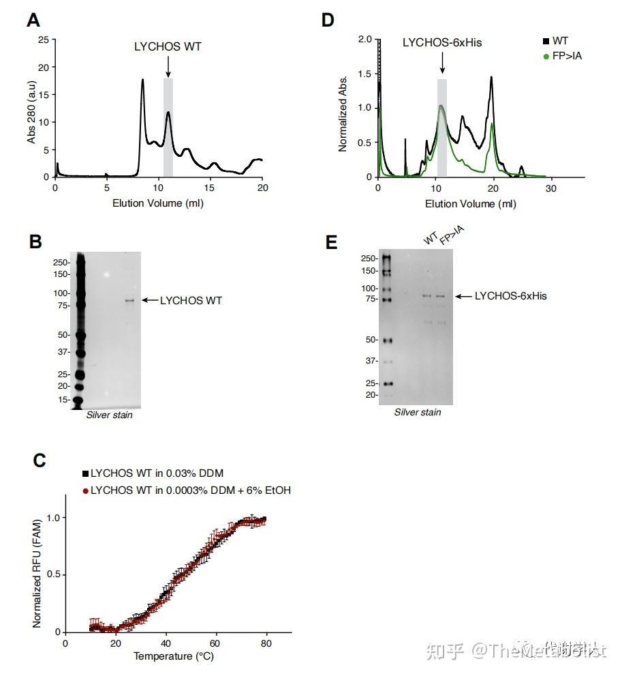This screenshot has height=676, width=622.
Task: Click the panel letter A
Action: coord(33,20)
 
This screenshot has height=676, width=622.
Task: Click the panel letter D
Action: coord(328,20)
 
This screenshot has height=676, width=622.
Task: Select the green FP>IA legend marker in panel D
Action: coord(546,57)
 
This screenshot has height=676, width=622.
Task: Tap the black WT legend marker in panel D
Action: coord(546,42)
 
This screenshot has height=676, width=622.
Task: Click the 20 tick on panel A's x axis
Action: coord(262,188)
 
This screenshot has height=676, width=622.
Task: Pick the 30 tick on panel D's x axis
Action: coord(551,188)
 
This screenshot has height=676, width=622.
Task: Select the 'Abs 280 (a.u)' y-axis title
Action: coord(31,109)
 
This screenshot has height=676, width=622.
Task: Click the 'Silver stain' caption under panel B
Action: coord(110,415)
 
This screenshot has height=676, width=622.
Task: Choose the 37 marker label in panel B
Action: coord(64,352)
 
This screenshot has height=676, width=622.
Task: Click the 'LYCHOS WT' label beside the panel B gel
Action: coord(191,300)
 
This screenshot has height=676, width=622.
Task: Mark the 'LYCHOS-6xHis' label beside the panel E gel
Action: coord(511,296)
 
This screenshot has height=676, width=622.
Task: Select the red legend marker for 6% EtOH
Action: coord(85,490)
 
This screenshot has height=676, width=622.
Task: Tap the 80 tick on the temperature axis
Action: coord(266,643)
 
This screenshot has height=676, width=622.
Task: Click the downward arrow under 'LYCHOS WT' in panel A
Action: coord(168,67)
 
